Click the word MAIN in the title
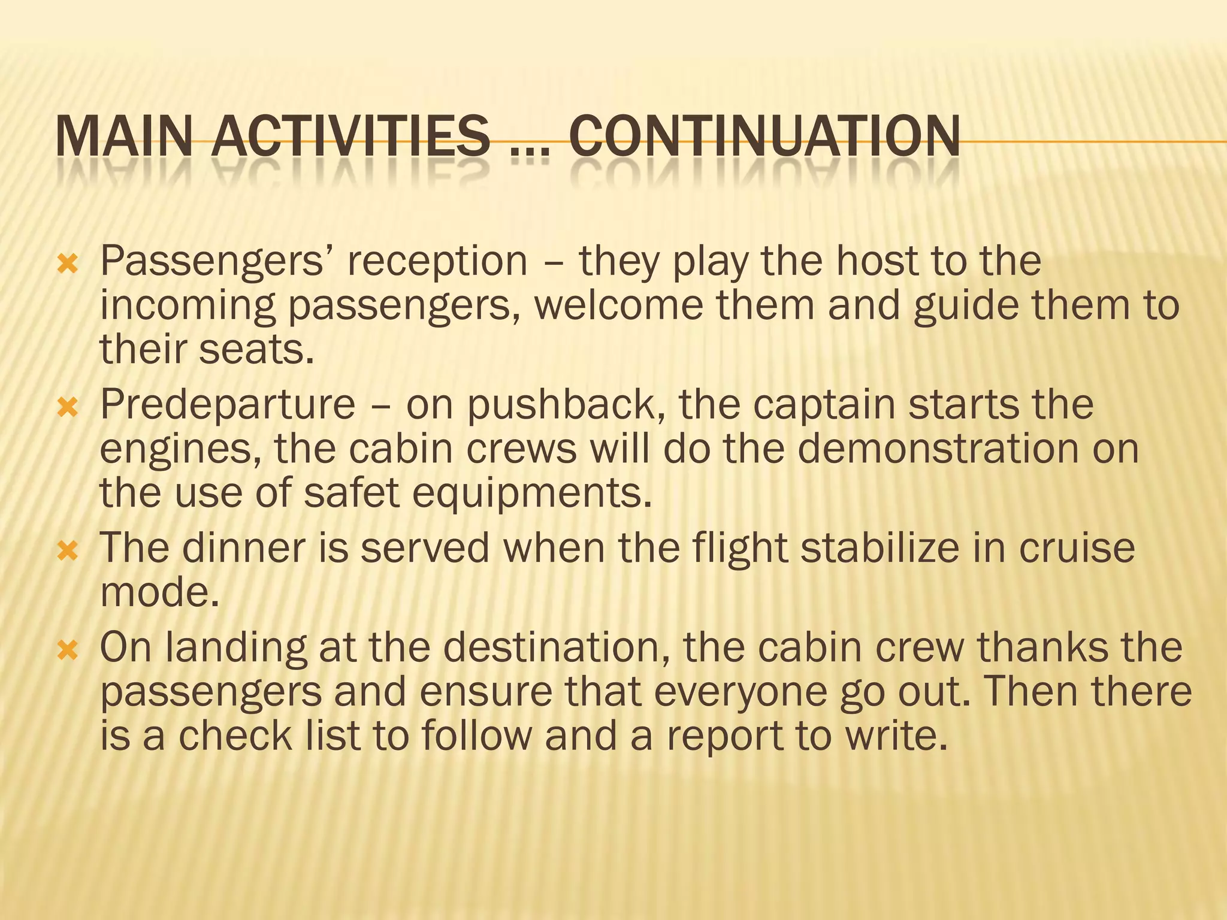coord(124,137)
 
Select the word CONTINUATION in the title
coord(763,137)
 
